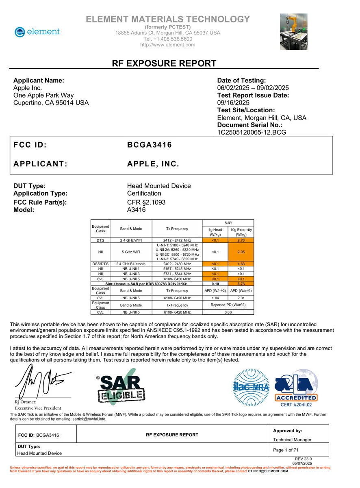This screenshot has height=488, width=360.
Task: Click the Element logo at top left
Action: pos(37,32)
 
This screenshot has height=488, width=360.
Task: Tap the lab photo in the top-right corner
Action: pos(293,32)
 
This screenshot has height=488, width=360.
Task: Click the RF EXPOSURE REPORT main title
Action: pos(164,63)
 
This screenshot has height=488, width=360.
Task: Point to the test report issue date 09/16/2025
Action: pos(234,103)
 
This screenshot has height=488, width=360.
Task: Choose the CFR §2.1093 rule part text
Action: pos(146,202)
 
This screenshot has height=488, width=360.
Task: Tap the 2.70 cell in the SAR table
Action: pos(241,240)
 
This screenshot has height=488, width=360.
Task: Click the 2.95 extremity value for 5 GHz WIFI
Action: pos(241,252)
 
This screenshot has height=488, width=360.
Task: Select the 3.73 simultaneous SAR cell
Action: pos(241,283)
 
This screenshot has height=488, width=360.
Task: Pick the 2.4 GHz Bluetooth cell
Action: pos(131,264)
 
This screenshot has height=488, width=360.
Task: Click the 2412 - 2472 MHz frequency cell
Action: pos(177,240)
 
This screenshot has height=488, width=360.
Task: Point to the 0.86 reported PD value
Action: pos(228,312)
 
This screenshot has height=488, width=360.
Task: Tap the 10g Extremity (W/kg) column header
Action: pos(241,232)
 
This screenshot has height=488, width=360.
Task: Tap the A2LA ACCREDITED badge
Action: pos(296,388)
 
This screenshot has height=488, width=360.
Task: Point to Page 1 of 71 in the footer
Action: pos(286,450)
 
